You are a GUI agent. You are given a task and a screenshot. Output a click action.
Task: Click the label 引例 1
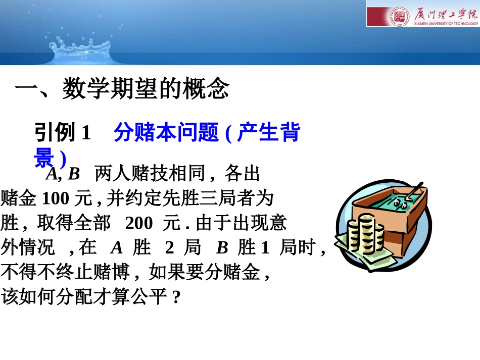[x=62, y=133]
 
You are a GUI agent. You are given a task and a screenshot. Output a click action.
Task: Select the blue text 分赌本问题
[x=166, y=133]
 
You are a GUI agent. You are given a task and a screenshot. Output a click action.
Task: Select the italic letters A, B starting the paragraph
[x=63, y=174]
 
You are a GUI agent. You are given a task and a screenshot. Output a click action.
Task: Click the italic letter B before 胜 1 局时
[x=222, y=247]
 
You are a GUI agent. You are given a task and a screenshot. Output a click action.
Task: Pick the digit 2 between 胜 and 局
[x=170, y=247]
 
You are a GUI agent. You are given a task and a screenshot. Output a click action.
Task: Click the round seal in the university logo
[x=397, y=17]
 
